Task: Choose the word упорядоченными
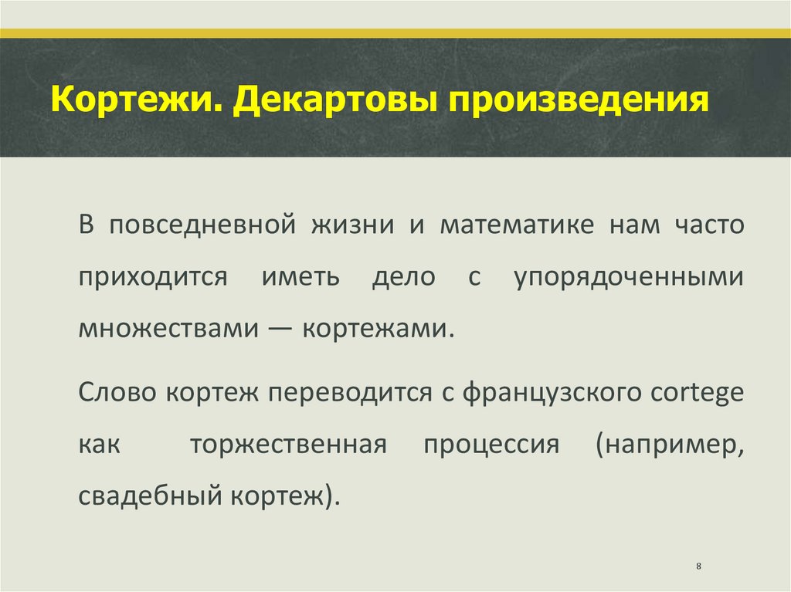tap(629, 278)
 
